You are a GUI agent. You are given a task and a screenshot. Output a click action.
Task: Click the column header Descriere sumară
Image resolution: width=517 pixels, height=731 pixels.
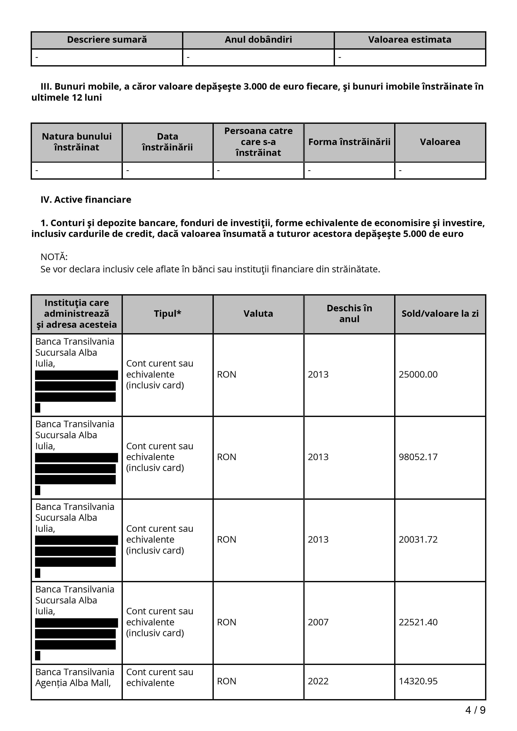[107, 40]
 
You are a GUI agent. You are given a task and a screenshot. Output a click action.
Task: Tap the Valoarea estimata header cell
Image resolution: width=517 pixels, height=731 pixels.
[409, 40]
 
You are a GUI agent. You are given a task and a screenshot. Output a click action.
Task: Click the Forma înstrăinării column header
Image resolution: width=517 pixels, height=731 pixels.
[349, 142]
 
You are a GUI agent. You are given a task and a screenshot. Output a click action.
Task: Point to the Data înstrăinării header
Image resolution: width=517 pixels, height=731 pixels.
[167, 142]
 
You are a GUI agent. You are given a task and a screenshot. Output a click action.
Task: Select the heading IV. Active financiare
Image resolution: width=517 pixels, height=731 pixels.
[86, 200]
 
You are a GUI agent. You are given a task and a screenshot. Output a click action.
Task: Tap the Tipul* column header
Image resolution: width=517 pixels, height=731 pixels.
[167, 314]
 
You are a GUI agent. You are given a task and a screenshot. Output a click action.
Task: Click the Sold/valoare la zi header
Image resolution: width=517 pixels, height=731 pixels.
[440, 314]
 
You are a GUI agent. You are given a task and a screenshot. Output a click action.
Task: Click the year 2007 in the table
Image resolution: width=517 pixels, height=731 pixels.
[318, 622]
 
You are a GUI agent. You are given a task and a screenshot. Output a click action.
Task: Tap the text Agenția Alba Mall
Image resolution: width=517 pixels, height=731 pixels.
[73, 683]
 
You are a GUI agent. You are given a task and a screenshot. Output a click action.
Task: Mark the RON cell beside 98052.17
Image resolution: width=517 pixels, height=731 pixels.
[226, 457]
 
